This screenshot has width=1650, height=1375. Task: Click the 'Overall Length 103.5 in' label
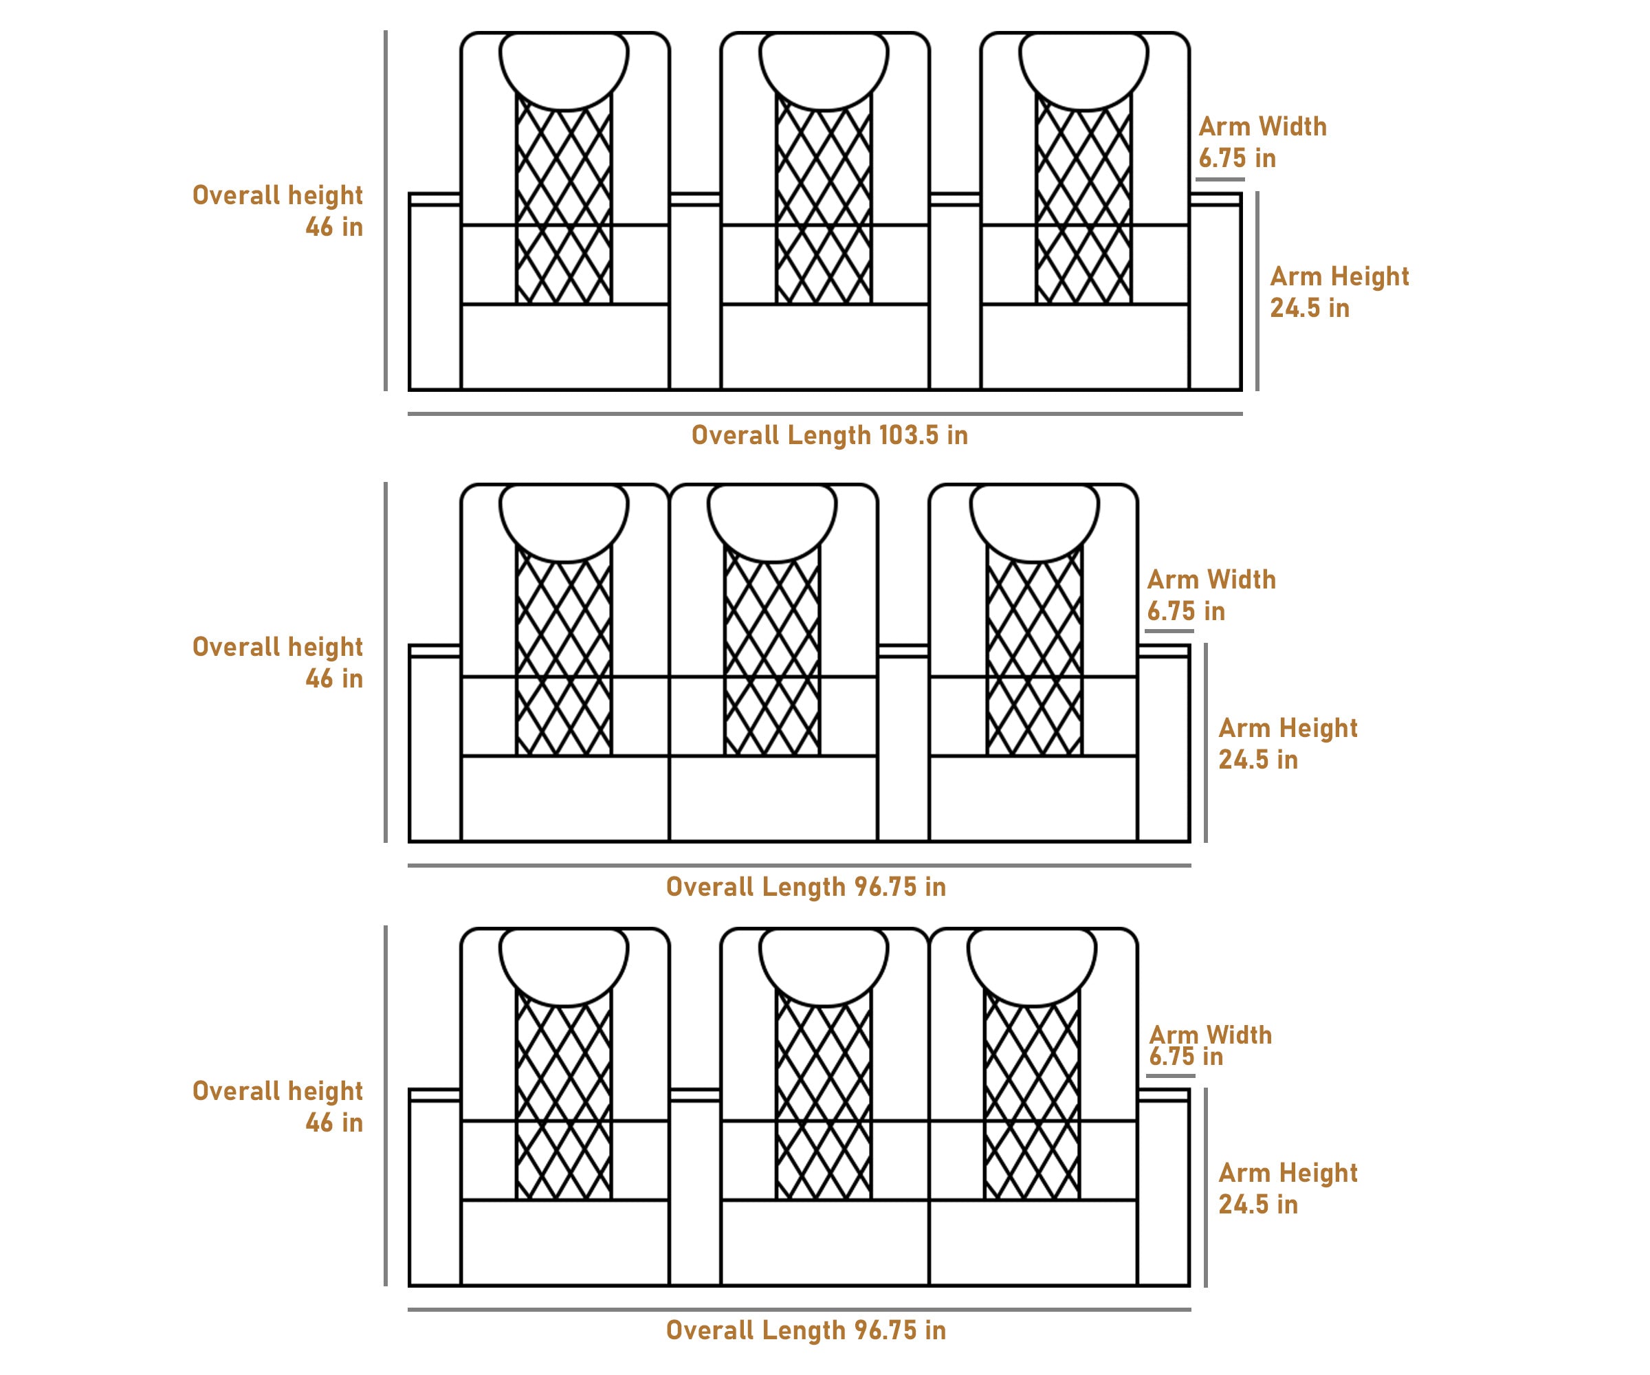pyautogui.click(x=829, y=435)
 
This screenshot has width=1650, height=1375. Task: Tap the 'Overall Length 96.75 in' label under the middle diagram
pyautogui.click(x=805, y=887)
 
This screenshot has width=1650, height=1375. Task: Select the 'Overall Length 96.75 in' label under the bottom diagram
pyautogui.click(x=805, y=1330)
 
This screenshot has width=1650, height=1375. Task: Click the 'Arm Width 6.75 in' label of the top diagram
pyautogui.click(x=1262, y=142)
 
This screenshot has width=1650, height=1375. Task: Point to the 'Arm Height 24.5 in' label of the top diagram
pyautogui.click(x=1339, y=291)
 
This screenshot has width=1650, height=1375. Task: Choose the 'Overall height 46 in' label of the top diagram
pyautogui.click(x=277, y=210)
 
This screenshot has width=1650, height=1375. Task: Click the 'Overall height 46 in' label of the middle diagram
pyautogui.click(x=277, y=662)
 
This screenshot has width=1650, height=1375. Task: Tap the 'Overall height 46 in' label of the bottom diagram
pyautogui.click(x=277, y=1106)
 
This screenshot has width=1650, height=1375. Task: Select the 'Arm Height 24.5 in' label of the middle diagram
pyautogui.click(x=1287, y=743)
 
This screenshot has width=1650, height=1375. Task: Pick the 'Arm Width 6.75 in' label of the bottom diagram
pyautogui.click(x=1210, y=1045)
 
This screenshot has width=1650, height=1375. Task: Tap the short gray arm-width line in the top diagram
pyautogui.click(x=1220, y=179)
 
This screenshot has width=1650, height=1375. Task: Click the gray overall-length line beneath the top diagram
pyautogui.click(x=824, y=413)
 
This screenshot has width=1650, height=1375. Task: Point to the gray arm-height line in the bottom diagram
pyautogui.click(x=1205, y=1187)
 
